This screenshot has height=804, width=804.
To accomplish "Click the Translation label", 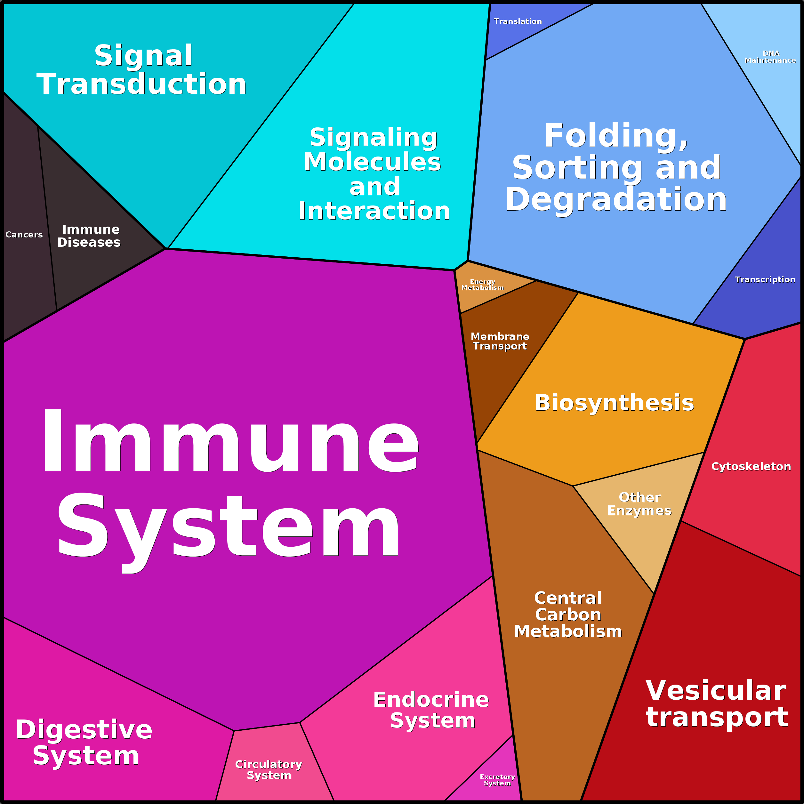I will [518, 21].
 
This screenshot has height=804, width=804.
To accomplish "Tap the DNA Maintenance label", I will [770, 57].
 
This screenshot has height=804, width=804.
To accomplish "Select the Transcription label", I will [765, 280].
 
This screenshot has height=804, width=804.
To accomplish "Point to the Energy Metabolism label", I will [482, 285].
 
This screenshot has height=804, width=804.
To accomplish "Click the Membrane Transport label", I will [500, 341].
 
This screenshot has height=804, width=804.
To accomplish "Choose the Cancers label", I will [24, 235].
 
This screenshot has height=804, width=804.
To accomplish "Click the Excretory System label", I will [497, 780].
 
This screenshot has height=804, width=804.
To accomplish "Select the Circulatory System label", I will [269, 770].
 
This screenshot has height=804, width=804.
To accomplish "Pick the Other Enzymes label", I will [639, 504].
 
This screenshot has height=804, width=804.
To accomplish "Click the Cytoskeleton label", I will [751, 467].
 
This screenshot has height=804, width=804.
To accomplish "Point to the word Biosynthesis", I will [614, 403].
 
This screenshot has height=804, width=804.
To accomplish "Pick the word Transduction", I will [141, 84].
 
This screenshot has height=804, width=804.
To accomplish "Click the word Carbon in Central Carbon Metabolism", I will [568, 615].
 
